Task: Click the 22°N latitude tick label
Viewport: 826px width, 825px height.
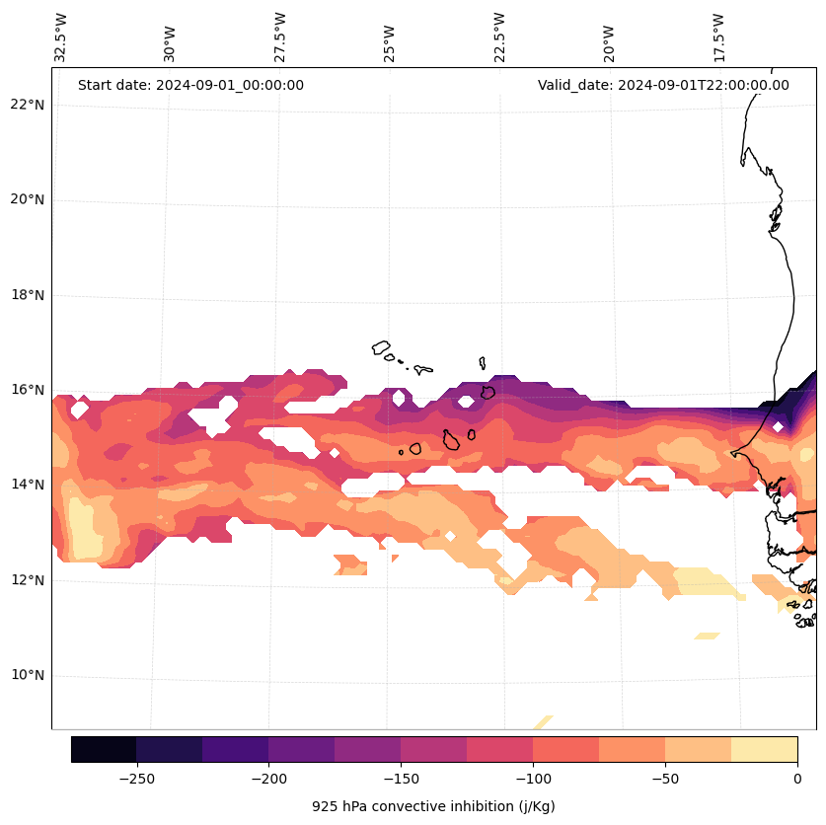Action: click(27, 105)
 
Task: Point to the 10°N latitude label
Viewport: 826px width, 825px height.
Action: click(27, 676)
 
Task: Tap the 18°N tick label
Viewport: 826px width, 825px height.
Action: click(27, 295)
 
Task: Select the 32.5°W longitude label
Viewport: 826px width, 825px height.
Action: click(61, 37)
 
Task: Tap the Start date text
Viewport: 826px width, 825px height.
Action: click(190, 85)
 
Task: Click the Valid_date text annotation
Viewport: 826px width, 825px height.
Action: click(663, 85)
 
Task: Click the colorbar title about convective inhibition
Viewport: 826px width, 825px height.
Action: click(433, 806)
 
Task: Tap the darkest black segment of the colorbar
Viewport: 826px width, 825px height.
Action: click(104, 749)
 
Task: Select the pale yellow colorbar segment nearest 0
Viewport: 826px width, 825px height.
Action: click(764, 749)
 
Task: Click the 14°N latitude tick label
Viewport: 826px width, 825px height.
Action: click(27, 485)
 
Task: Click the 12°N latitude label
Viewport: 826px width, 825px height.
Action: click(27, 580)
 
